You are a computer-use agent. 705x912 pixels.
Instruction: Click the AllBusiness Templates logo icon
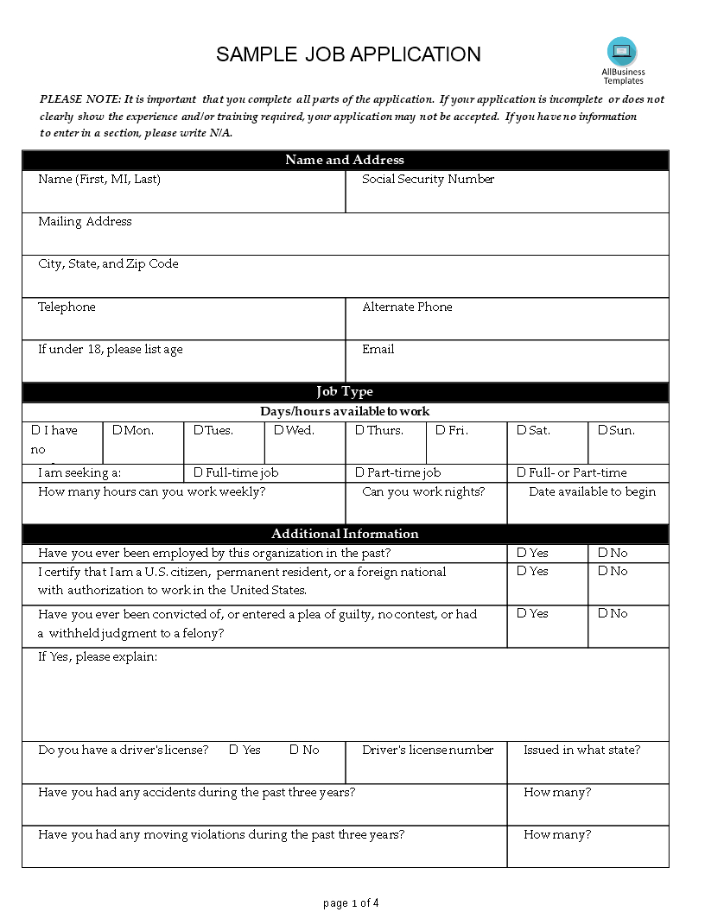pos(622,51)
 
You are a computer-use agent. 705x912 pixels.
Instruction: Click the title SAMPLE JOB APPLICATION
pos(348,54)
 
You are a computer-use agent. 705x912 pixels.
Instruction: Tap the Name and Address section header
pos(345,160)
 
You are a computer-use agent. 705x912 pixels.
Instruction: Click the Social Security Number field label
pos(428,179)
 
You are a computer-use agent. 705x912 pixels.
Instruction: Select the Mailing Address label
pos(85,221)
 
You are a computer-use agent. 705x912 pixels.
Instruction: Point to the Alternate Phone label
pos(407,307)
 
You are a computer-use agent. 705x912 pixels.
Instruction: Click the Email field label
pos(378,349)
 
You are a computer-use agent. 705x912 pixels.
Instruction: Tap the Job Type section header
pos(345,391)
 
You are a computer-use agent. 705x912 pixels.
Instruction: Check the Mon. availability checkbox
pos(117,430)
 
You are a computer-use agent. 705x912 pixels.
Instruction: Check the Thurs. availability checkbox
pos(359,430)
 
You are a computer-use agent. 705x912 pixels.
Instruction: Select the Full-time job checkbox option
pos(198,472)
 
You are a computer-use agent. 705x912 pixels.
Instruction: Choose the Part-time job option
pos(359,472)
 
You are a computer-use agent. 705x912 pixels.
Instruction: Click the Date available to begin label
pos(592,491)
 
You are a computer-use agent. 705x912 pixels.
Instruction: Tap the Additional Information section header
pos(345,534)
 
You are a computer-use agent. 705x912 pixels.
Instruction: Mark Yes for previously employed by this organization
pos(521,553)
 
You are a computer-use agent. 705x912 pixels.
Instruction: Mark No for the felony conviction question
pos(602,613)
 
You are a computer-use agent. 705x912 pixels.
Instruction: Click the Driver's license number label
pos(428,750)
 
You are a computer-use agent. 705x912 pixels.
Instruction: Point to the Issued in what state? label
pos(581,750)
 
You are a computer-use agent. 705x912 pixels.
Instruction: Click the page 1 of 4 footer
pos(351,903)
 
